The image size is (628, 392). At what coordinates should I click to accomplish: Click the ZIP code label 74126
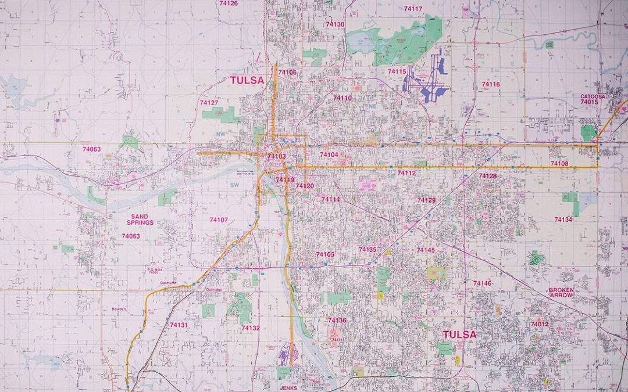coord(228,3)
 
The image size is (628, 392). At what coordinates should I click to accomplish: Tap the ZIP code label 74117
coord(413,9)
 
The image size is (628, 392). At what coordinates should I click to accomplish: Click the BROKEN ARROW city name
coord(561,292)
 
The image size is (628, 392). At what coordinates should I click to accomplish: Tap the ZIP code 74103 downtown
coord(277,156)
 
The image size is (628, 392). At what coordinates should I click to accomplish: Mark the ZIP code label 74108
coord(559,164)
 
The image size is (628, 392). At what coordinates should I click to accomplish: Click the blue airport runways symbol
coord(426,81)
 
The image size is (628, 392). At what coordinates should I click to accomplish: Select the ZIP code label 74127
coord(209,103)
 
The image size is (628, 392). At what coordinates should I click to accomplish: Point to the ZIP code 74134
coord(563,220)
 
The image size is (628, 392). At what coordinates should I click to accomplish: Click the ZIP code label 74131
coord(179,325)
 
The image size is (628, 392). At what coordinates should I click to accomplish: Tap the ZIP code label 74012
coord(539,324)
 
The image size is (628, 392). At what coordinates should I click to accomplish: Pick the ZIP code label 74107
coord(219,220)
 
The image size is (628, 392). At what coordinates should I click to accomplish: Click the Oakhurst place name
coord(169,283)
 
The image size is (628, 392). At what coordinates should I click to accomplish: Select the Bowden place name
coord(119,309)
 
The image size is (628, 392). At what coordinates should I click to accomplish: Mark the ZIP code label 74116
coord(490,84)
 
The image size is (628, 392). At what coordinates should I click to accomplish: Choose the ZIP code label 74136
coord(337,320)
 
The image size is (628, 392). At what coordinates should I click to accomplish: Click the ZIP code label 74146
coord(482,283)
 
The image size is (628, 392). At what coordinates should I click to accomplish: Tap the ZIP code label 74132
coord(251,328)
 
